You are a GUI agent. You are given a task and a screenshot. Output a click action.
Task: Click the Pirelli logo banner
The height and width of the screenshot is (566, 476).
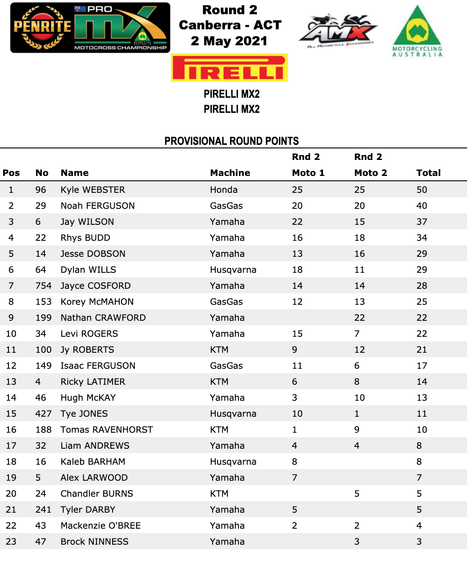pyautogui.click(x=229, y=68)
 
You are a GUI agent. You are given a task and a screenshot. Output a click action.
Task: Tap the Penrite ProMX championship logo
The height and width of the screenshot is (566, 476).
pyautogui.click(x=90, y=28)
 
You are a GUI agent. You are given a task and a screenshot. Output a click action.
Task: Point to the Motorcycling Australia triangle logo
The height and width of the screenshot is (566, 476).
pyautogui.click(x=417, y=31)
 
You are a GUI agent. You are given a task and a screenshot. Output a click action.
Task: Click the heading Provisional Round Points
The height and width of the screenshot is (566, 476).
pyautogui.click(x=231, y=141)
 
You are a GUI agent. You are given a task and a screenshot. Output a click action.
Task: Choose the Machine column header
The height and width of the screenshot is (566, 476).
pyautogui.click(x=230, y=173)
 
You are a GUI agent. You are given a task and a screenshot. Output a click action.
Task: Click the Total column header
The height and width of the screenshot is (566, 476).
pyautogui.click(x=428, y=173)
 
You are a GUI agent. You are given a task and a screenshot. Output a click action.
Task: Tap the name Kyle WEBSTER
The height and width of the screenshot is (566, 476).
pyautogui.click(x=93, y=190)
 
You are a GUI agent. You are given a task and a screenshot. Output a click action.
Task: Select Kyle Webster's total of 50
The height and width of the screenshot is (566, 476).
pyautogui.click(x=422, y=190)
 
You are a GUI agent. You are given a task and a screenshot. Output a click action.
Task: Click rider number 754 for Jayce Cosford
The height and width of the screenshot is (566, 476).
pyautogui.click(x=44, y=286)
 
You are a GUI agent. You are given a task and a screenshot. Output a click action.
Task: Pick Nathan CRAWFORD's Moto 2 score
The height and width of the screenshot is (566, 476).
pyautogui.click(x=359, y=318)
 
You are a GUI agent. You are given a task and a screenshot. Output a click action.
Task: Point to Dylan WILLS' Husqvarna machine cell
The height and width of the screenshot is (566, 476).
pyautogui.click(x=233, y=270)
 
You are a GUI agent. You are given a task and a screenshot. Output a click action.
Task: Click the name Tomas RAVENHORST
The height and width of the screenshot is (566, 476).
pyautogui.click(x=107, y=430)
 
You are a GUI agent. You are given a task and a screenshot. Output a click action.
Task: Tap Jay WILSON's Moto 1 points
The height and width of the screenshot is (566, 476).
pyautogui.click(x=297, y=222)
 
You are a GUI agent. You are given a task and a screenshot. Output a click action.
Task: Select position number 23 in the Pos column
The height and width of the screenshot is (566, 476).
pyautogui.click(x=11, y=542)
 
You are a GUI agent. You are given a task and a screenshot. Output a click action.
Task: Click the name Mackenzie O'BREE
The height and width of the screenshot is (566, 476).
pyautogui.click(x=101, y=526)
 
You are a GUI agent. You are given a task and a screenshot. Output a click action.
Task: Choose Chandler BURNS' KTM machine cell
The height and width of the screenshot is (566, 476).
pyautogui.click(x=219, y=494)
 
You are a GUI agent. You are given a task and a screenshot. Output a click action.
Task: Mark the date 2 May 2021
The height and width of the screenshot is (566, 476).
pyautogui.click(x=229, y=41)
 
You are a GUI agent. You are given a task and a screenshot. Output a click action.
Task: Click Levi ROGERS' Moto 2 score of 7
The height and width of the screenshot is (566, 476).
pyautogui.click(x=357, y=334)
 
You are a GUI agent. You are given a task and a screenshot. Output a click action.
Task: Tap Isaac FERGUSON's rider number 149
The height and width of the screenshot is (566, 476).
pyautogui.click(x=44, y=366)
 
